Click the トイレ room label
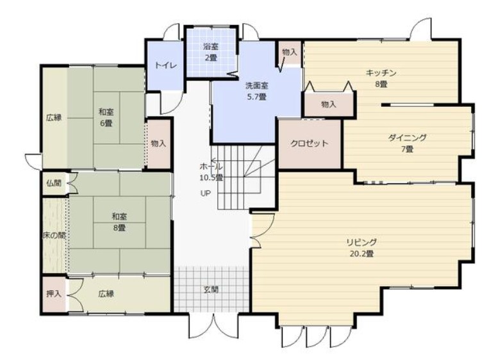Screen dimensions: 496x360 click(x=165, y=66)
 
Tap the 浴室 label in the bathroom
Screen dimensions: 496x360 click(x=211, y=47)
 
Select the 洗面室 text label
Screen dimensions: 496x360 click(x=256, y=86)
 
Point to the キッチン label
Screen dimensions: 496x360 click(x=381, y=73)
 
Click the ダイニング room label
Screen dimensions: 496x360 click(x=407, y=138)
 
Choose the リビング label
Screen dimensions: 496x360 click(x=362, y=242)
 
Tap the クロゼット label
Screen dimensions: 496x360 click(x=310, y=143)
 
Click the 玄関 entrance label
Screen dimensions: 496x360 click(x=211, y=290)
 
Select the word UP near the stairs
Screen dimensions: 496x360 click(x=205, y=193)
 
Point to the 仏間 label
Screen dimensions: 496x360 click(x=54, y=183)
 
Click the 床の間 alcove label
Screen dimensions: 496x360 click(x=54, y=236)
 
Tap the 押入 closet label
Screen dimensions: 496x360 click(x=54, y=294)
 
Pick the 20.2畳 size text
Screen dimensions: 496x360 click(x=362, y=254)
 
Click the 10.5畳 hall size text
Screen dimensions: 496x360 click(x=211, y=178)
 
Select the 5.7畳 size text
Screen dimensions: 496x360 click(x=256, y=97)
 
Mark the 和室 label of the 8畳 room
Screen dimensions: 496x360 click(x=119, y=217)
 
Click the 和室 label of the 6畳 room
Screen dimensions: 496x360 click(x=106, y=112)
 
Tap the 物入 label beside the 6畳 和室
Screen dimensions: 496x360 click(x=158, y=143)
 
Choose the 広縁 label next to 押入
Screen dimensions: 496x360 click(x=106, y=294)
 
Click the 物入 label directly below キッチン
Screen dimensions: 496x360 click(x=329, y=104)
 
